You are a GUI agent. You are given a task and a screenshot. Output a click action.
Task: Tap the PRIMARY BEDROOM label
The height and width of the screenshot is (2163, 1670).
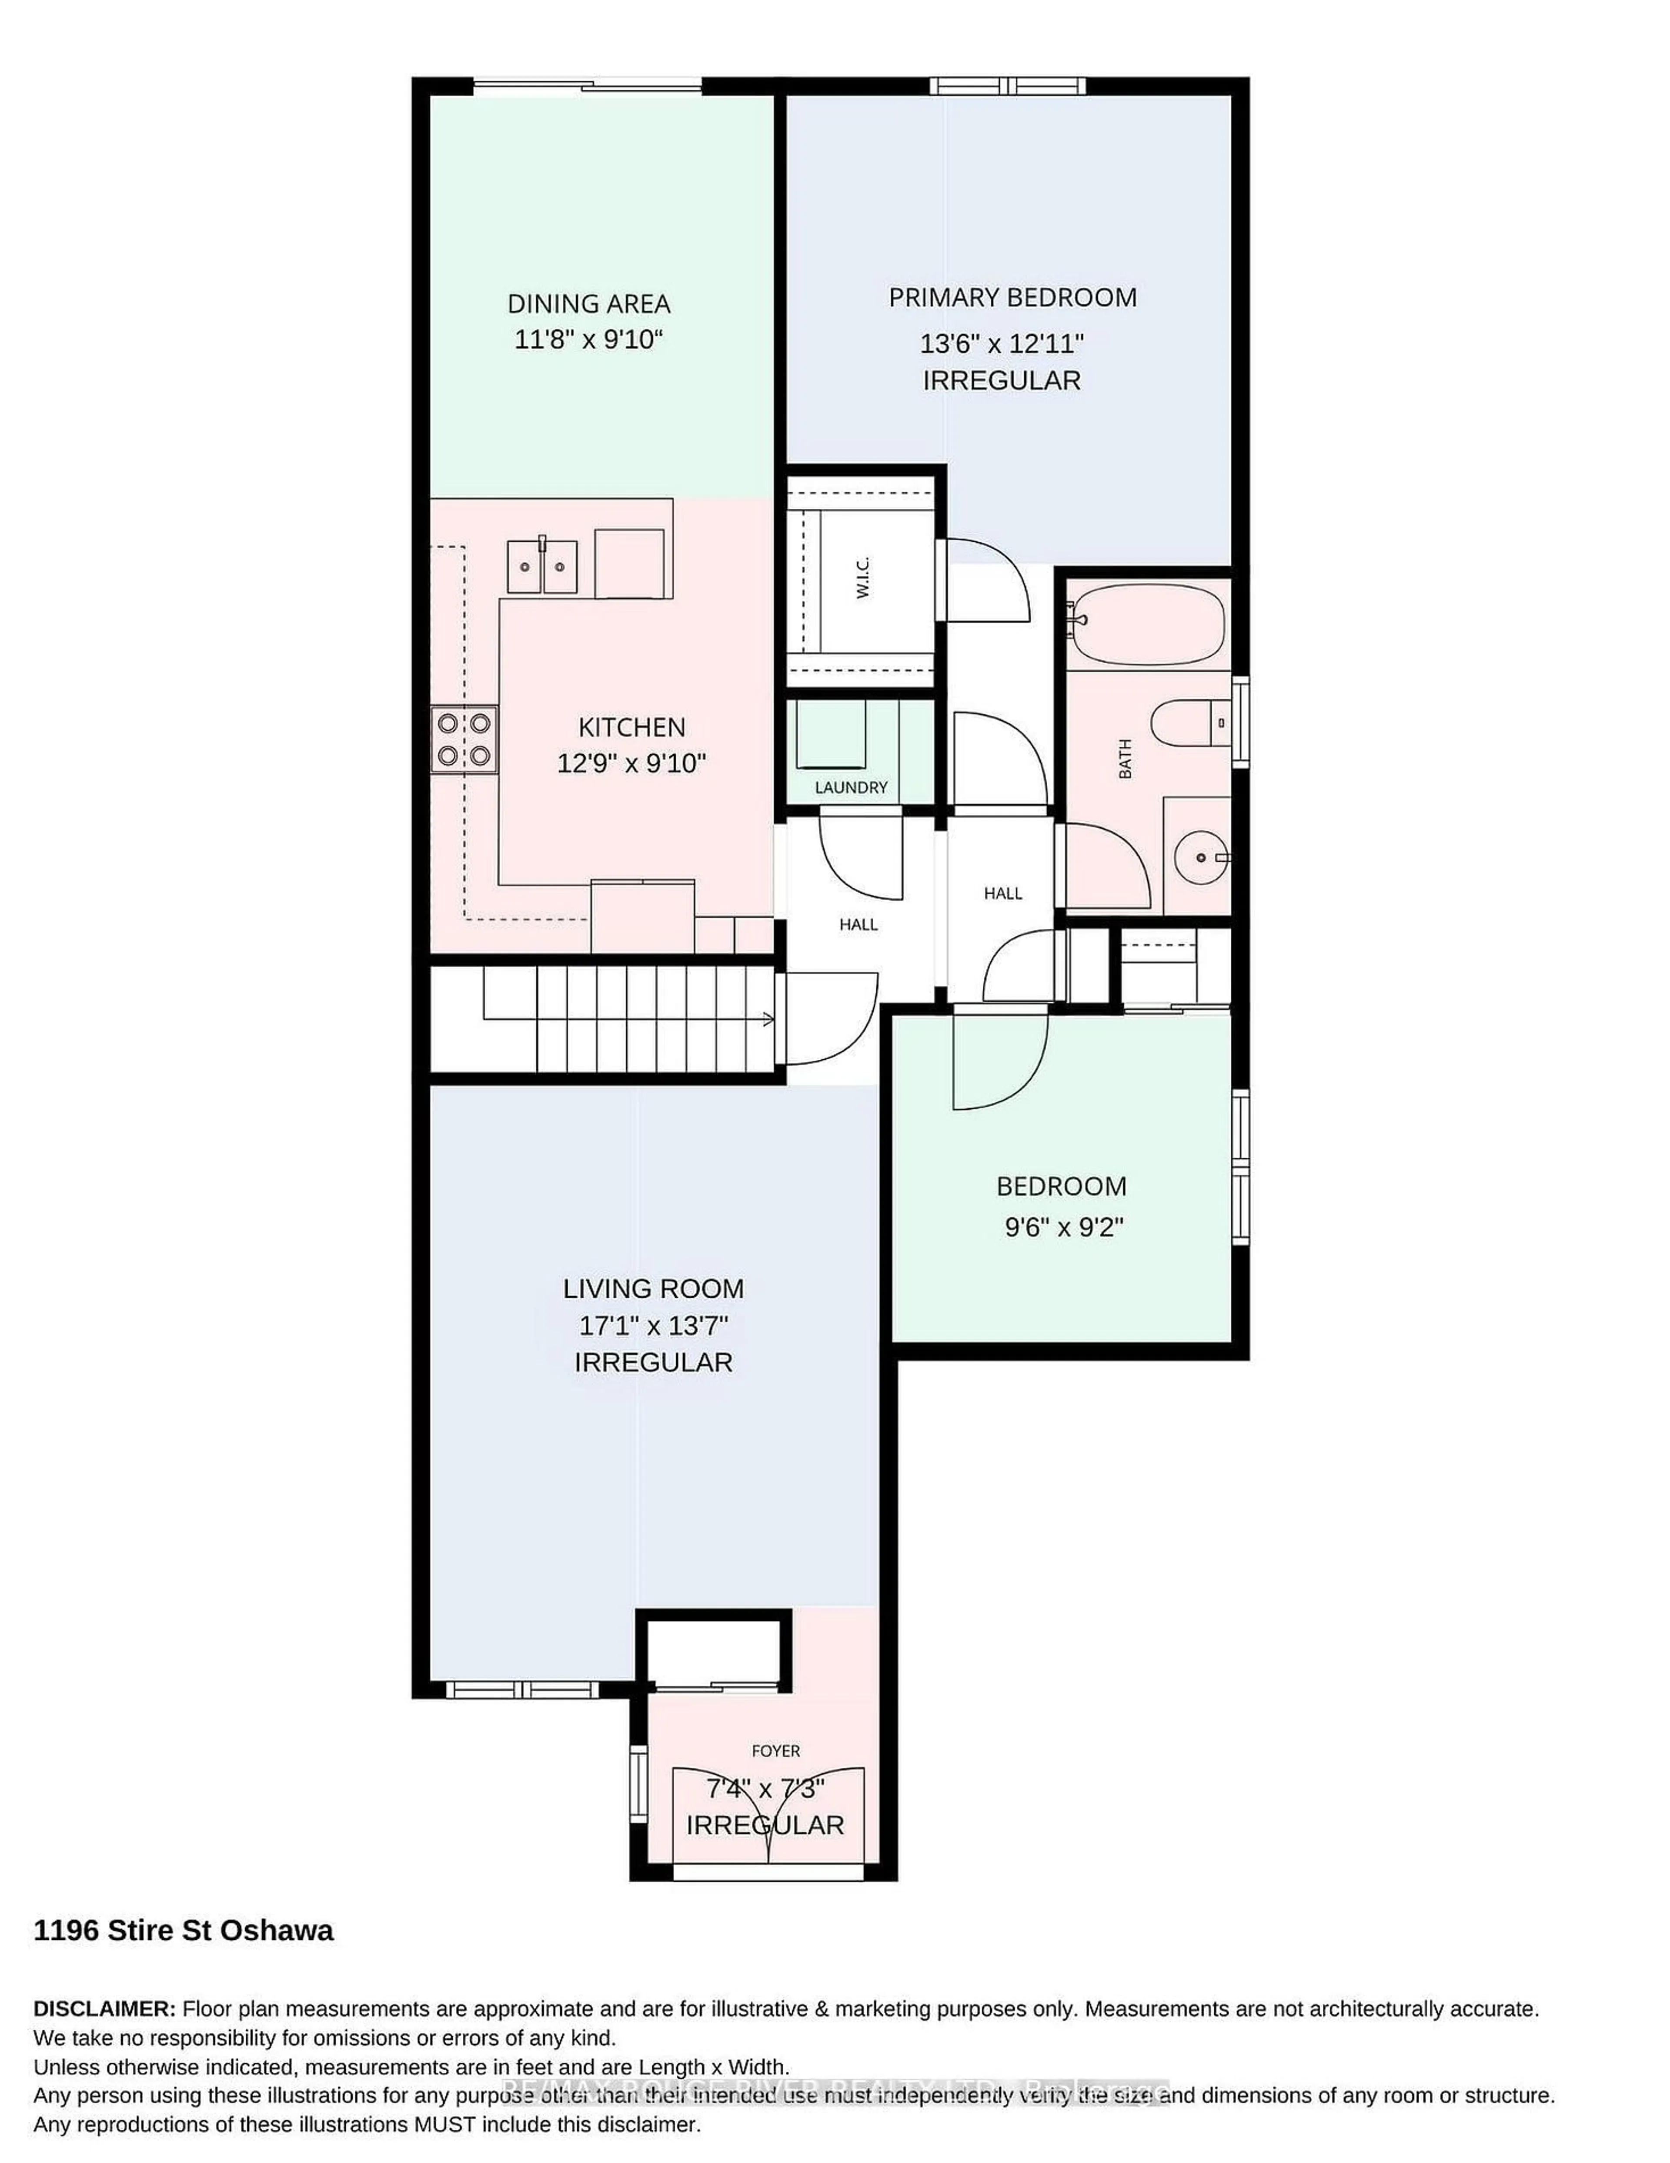click(x=1012, y=297)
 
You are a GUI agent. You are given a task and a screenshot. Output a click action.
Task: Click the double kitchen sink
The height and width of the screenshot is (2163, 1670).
click(x=541, y=567)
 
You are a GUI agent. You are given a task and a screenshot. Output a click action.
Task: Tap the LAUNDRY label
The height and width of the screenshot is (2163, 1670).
click(x=850, y=787)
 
